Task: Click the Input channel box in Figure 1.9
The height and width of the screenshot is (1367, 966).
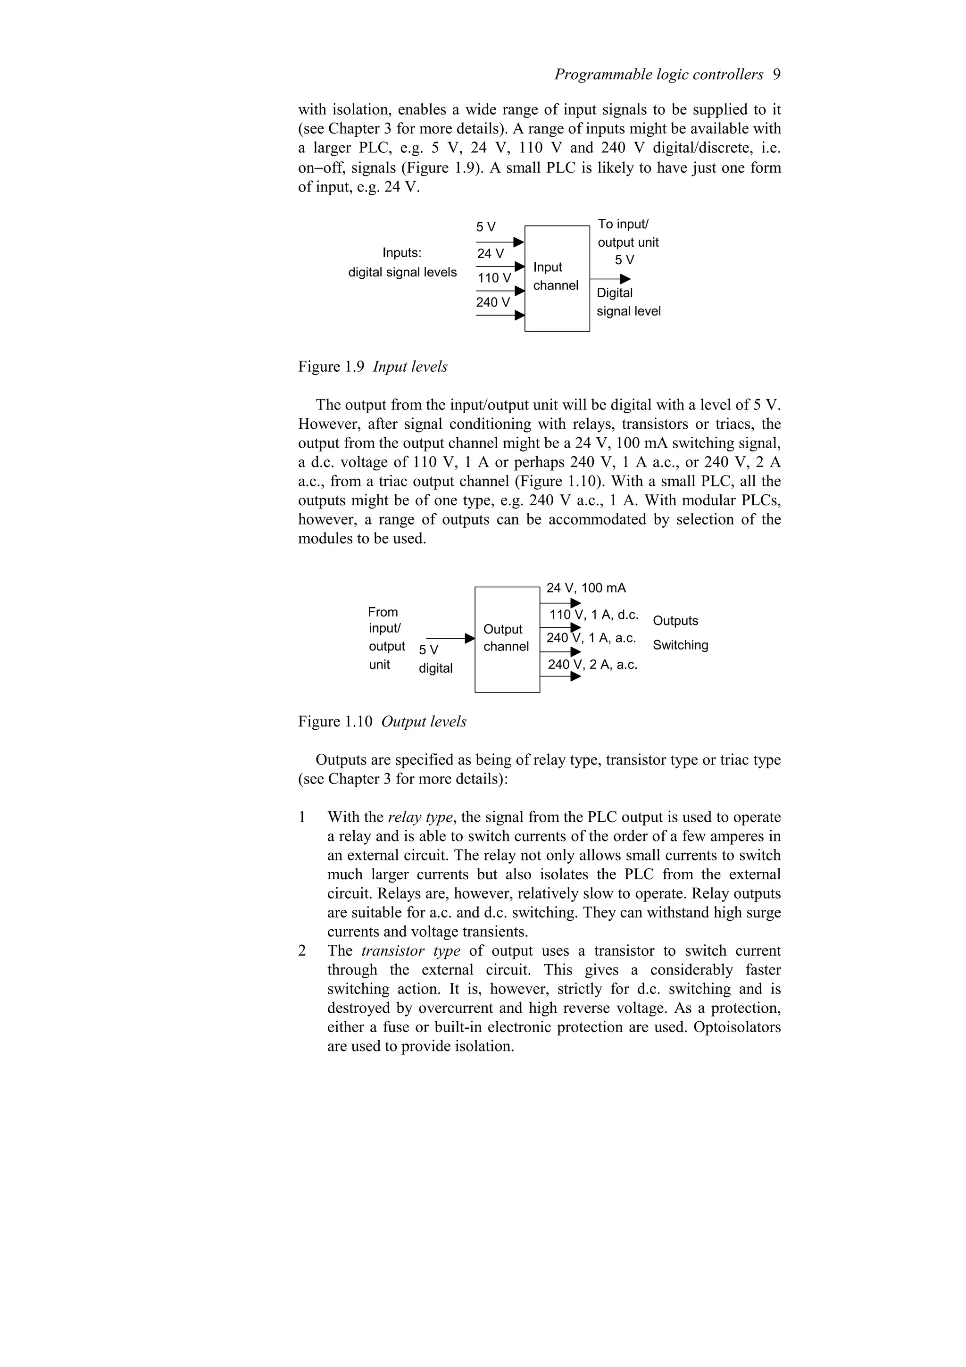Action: (557, 277)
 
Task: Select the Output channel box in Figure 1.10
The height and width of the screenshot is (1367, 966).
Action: (507, 639)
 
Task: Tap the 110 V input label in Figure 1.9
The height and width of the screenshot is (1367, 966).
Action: (494, 278)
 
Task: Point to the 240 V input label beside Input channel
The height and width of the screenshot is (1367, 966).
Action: (493, 302)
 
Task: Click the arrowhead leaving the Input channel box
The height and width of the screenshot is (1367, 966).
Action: (625, 279)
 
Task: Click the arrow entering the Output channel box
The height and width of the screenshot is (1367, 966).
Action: (469, 638)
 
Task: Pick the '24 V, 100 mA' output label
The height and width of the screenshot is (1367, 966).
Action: (586, 588)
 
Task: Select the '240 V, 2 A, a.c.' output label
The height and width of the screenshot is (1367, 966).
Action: (592, 665)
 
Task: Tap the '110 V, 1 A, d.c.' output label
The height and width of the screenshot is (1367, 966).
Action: (593, 615)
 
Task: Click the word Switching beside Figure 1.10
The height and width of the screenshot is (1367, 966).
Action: (680, 645)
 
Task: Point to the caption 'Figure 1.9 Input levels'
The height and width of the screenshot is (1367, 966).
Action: (373, 367)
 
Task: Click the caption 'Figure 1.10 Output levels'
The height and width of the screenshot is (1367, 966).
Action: (382, 722)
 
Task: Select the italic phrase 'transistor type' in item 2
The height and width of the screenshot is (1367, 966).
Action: (411, 951)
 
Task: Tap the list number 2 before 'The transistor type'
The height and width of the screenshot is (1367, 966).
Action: (302, 951)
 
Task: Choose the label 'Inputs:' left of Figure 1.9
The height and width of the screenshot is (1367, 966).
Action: (402, 253)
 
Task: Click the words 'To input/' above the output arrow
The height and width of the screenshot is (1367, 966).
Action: (623, 225)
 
